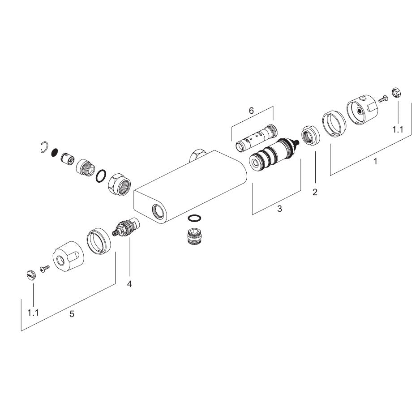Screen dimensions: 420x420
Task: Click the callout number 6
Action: (x=251, y=110)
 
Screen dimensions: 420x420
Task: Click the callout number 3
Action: (x=279, y=209)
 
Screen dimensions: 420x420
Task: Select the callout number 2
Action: (x=315, y=192)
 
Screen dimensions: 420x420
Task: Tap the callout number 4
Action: (x=129, y=284)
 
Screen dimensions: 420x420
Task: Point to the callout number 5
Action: (x=72, y=314)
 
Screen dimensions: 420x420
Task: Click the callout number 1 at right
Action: (x=376, y=161)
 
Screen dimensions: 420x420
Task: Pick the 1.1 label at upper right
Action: (x=398, y=130)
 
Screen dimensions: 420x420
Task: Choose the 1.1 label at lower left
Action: (x=33, y=313)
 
